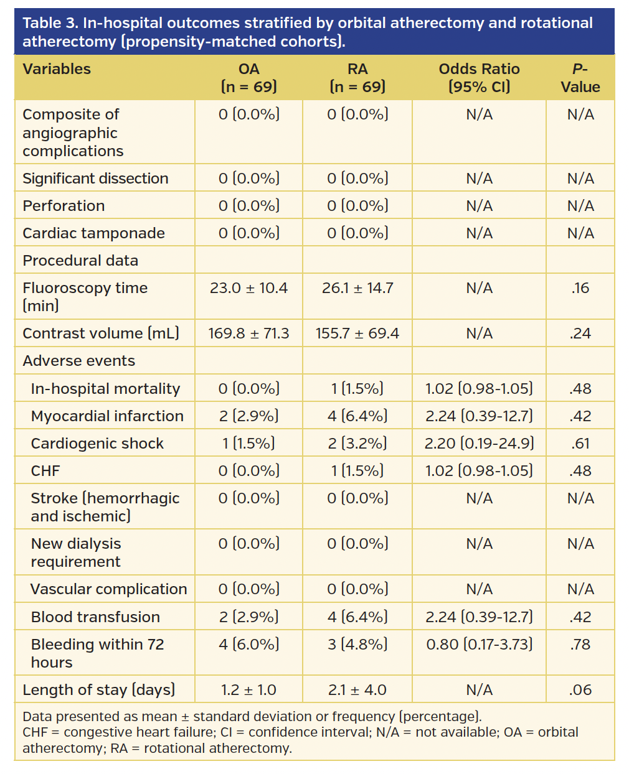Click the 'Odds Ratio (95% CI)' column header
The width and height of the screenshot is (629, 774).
[x=479, y=78]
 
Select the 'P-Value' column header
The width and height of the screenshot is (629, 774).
[x=580, y=78]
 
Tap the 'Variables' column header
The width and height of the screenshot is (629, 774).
[x=57, y=69]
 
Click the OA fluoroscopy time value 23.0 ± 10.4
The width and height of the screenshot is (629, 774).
[x=248, y=288]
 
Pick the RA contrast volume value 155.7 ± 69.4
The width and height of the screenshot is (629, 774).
[x=357, y=333]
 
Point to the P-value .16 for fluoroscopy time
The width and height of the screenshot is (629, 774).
[x=580, y=288]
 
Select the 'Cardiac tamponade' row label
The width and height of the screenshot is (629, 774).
[x=93, y=233]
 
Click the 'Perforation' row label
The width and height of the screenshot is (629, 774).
[x=64, y=206]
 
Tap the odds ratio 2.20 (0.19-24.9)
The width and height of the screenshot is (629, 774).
[x=479, y=444]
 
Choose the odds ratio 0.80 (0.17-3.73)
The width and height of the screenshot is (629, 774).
[x=479, y=645]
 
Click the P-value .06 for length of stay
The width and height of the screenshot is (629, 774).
[x=580, y=690]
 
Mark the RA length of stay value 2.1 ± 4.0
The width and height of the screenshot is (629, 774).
[x=357, y=690]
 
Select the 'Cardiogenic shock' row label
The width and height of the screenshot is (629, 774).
[x=97, y=444]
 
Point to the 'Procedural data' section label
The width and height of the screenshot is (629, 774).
[x=80, y=261]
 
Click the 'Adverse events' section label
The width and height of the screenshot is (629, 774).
[x=78, y=361]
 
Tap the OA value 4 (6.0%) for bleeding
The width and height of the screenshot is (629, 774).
[x=248, y=645]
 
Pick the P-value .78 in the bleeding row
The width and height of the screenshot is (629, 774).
[x=580, y=645]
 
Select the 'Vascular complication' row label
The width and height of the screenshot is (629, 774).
[x=109, y=589]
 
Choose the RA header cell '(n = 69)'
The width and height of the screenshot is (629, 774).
[x=357, y=86]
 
